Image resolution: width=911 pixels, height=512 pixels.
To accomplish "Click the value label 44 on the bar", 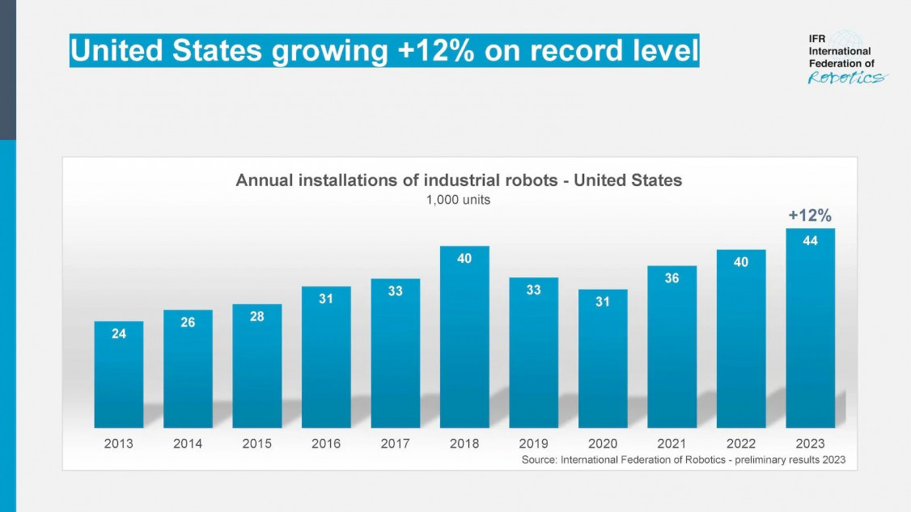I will (x=810, y=240).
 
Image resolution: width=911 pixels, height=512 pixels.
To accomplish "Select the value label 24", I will (x=119, y=333).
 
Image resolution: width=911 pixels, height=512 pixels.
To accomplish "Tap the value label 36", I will (x=672, y=277).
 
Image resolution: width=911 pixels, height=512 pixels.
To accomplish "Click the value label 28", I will (x=256, y=316).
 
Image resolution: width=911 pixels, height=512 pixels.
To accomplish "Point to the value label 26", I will (x=188, y=322).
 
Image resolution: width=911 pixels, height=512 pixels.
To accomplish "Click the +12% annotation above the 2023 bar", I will (x=810, y=215).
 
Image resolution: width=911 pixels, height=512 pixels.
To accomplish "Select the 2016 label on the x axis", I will (x=326, y=443).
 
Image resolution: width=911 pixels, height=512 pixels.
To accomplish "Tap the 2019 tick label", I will (x=533, y=443).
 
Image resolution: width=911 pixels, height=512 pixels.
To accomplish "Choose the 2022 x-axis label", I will (x=741, y=443).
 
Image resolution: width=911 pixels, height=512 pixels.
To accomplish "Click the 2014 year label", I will (x=188, y=443).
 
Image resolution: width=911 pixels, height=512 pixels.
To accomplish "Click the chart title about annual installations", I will (x=459, y=180).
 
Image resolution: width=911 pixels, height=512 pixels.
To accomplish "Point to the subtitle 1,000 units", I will (x=458, y=200).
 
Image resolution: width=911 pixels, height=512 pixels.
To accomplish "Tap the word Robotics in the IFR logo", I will (x=846, y=78).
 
